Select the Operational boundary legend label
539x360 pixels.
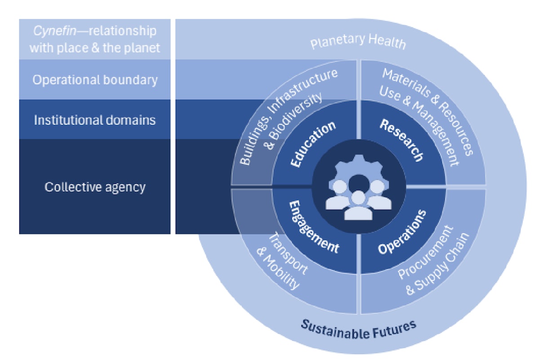[95, 80]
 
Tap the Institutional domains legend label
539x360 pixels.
[95, 120]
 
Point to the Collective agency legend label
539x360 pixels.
[95, 187]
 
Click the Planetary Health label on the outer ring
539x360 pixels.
[358, 41]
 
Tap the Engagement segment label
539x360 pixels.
[313, 227]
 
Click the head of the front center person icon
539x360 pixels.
[358, 197]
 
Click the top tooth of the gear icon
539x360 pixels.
[358, 158]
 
